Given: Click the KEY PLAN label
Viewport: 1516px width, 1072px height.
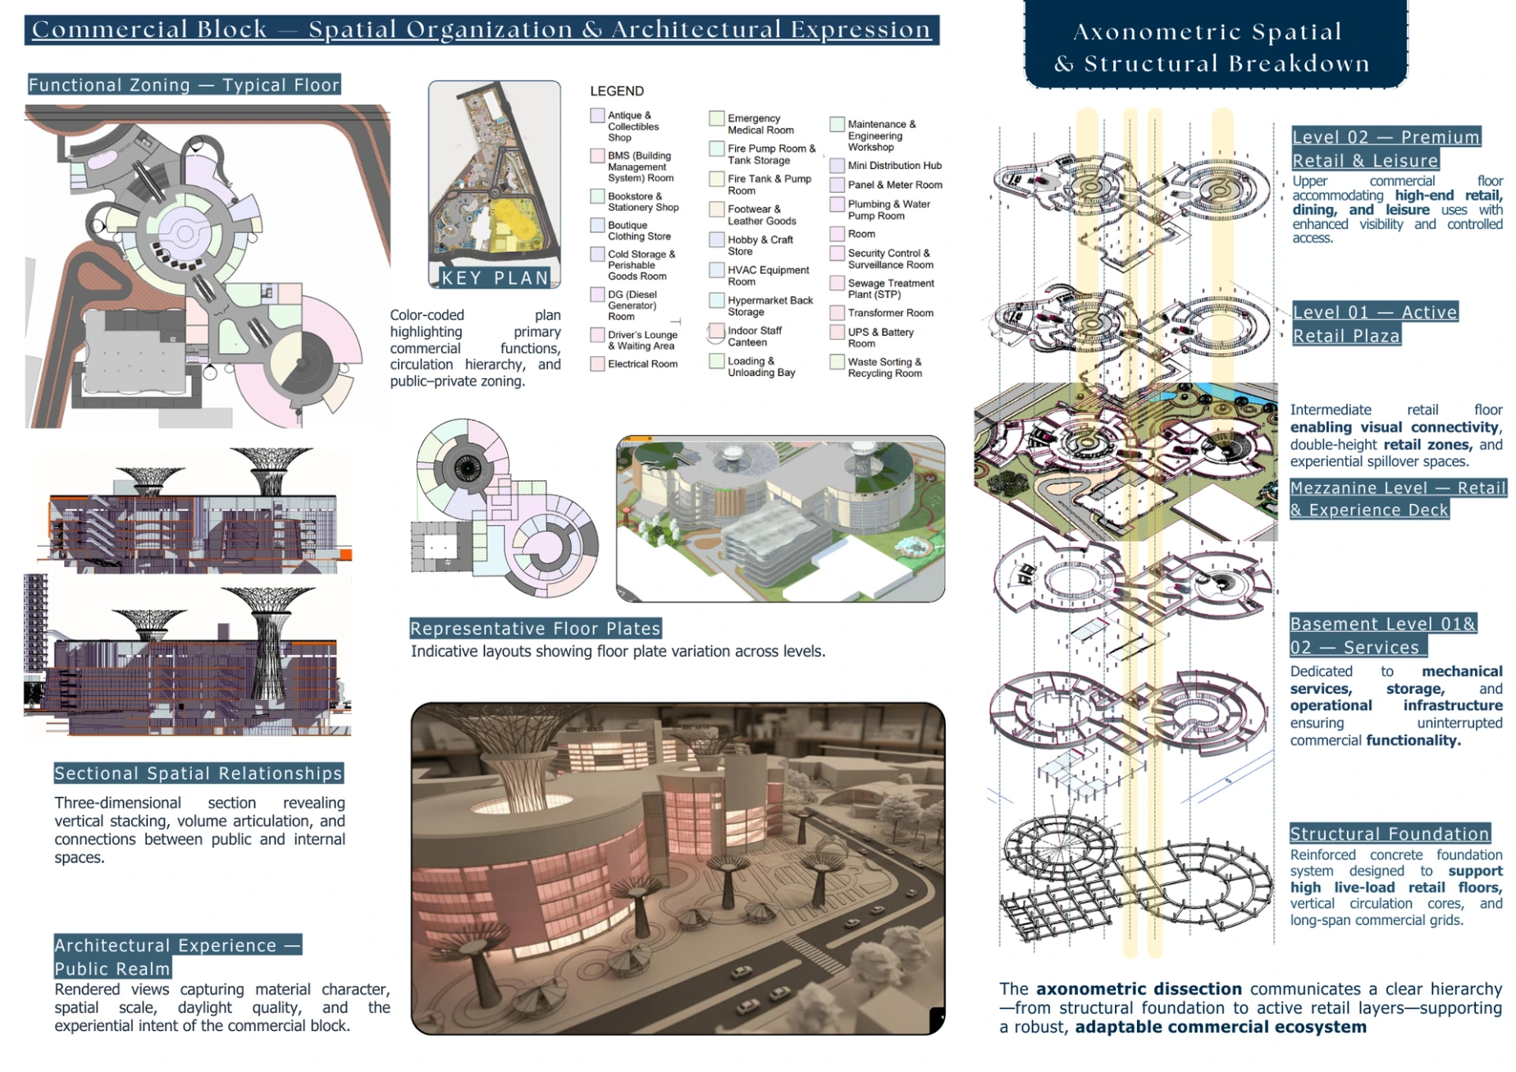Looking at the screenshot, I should tap(495, 277).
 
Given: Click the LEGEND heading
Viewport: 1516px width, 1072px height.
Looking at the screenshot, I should tap(616, 91).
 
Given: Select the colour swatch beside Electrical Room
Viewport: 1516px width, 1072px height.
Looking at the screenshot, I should tap(597, 364).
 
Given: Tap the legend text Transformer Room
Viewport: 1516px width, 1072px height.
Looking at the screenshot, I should tap(890, 313).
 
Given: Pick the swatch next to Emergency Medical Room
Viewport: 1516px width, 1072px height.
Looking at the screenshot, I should tap(716, 119).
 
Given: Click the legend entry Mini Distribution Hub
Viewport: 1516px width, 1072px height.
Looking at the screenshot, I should tap(894, 165).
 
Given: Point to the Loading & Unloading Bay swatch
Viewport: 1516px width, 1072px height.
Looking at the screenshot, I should tap(716, 361).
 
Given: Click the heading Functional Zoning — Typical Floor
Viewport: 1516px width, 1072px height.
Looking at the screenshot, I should tap(184, 85).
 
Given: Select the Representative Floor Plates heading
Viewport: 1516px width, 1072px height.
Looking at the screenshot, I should tap(535, 629).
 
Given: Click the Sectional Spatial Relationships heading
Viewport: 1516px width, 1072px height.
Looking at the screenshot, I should tap(198, 773).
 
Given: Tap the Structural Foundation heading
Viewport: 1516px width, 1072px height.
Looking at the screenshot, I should tap(1389, 834).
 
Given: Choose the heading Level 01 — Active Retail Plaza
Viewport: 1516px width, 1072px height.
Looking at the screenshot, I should tap(1375, 323).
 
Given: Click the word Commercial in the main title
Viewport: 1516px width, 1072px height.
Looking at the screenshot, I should tap(149, 30).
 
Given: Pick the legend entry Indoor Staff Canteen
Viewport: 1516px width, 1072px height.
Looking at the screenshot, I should tap(754, 337).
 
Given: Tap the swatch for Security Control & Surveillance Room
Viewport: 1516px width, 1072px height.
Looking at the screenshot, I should tap(837, 254).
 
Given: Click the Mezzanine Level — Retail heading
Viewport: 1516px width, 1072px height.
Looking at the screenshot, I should tap(1398, 488).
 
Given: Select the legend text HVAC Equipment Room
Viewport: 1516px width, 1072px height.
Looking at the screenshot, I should tap(768, 276).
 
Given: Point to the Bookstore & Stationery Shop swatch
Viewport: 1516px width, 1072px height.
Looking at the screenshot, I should tap(597, 197).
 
